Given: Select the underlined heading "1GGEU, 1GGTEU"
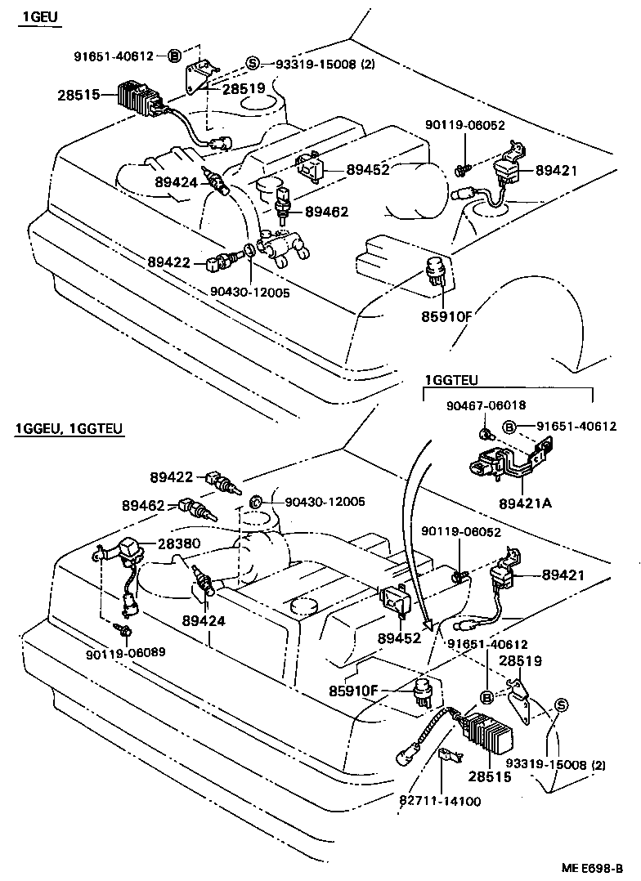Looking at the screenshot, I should point(69,429).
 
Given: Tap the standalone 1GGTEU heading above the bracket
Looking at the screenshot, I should point(450,380).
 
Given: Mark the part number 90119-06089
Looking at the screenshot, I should point(124,652).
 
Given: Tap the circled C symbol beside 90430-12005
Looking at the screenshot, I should point(254,501).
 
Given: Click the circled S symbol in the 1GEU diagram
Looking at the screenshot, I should point(253,64).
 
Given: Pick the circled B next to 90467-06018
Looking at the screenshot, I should point(509,427).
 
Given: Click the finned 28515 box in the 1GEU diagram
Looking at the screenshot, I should point(140,96).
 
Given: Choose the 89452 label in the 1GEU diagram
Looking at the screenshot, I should point(368,170).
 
